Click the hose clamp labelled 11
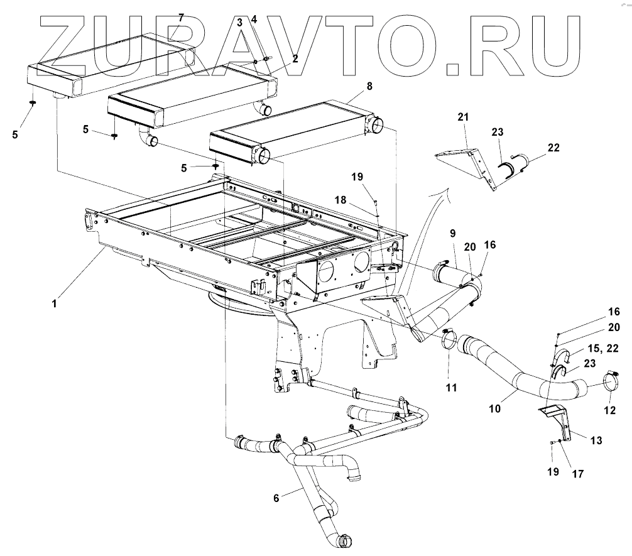pyautogui.click(x=449, y=341)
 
